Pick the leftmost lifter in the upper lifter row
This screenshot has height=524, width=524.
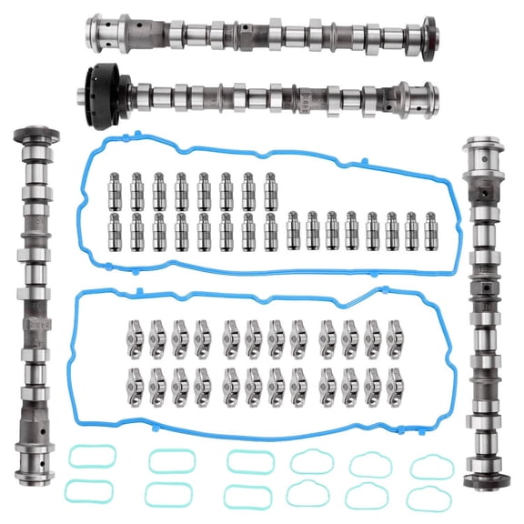(x=116, y=186)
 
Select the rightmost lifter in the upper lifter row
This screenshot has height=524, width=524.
(x=270, y=186)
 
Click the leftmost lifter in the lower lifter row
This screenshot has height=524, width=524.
(x=116, y=230)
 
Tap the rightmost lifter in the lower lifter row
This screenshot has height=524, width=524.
(x=433, y=230)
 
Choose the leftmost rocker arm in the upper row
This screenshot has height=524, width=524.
(x=135, y=334)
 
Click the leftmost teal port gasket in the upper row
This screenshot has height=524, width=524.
(x=87, y=458)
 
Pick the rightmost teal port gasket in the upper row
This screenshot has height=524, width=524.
(x=431, y=462)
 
